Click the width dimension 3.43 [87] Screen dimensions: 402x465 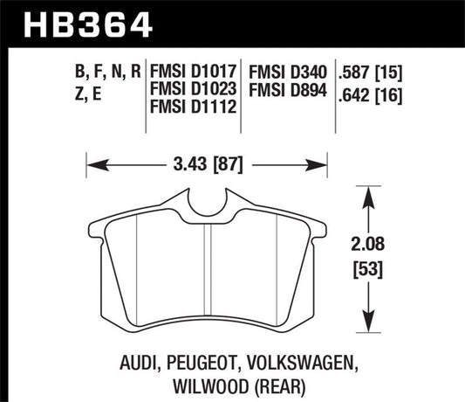click(207, 162)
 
